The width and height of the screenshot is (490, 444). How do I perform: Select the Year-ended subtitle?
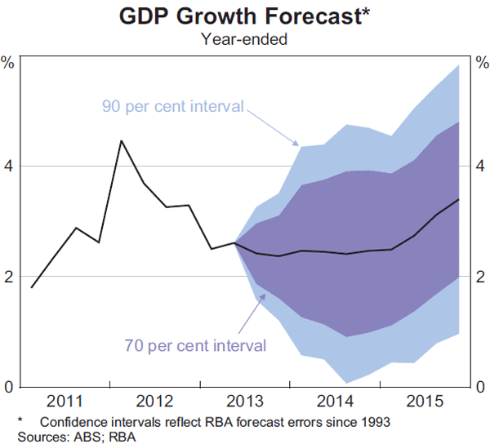(244, 38)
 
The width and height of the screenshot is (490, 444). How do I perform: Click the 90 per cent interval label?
(173, 106)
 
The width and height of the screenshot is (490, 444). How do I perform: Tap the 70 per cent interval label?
(195, 345)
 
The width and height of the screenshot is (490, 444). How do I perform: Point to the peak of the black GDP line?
(121, 140)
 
